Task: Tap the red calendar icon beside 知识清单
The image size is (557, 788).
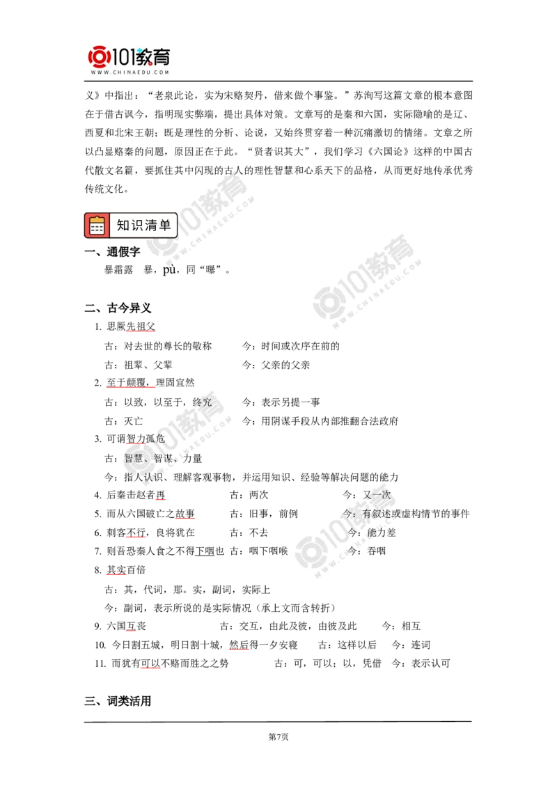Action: (x=97, y=226)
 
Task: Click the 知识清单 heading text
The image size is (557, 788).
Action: (x=143, y=225)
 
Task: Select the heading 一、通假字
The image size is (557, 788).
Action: (x=113, y=252)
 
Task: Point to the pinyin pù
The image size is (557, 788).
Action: (x=169, y=270)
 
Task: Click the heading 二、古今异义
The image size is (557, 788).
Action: (x=118, y=308)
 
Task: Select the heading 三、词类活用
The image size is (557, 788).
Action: (x=118, y=701)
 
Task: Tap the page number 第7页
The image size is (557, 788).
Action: (x=278, y=736)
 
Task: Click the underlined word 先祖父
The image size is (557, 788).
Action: (x=141, y=326)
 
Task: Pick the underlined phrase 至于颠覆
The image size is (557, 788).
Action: (x=126, y=383)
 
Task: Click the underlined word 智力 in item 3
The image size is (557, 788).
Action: (x=136, y=439)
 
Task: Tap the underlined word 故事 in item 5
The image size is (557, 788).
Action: (x=185, y=514)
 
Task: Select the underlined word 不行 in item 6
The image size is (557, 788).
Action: (x=136, y=533)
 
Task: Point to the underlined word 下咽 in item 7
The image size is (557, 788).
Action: (x=205, y=551)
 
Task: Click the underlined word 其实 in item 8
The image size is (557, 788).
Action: (x=116, y=570)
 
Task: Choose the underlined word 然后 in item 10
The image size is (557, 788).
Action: (x=240, y=645)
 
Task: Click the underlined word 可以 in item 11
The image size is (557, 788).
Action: (x=150, y=663)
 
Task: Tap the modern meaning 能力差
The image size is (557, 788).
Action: (x=382, y=533)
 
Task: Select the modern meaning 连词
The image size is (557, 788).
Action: (x=421, y=645)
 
